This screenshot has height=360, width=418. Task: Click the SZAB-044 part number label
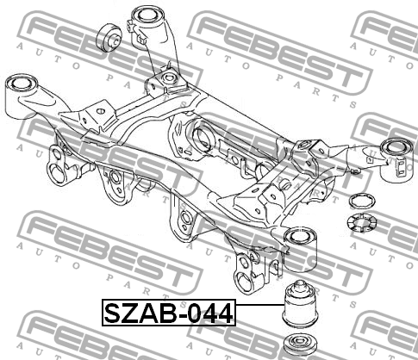(x=169, y=313)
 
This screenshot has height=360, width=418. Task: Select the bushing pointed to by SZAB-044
(x=300, y=305)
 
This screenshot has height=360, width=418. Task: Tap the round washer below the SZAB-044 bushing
(x=300, y=344)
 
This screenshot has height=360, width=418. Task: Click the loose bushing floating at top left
(x=109, y=38)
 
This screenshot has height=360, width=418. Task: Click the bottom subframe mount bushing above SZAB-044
(x=300, y=249)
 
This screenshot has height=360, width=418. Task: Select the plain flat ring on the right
(x=362, y=201)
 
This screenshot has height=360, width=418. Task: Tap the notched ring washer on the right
(x=362, y=224)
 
